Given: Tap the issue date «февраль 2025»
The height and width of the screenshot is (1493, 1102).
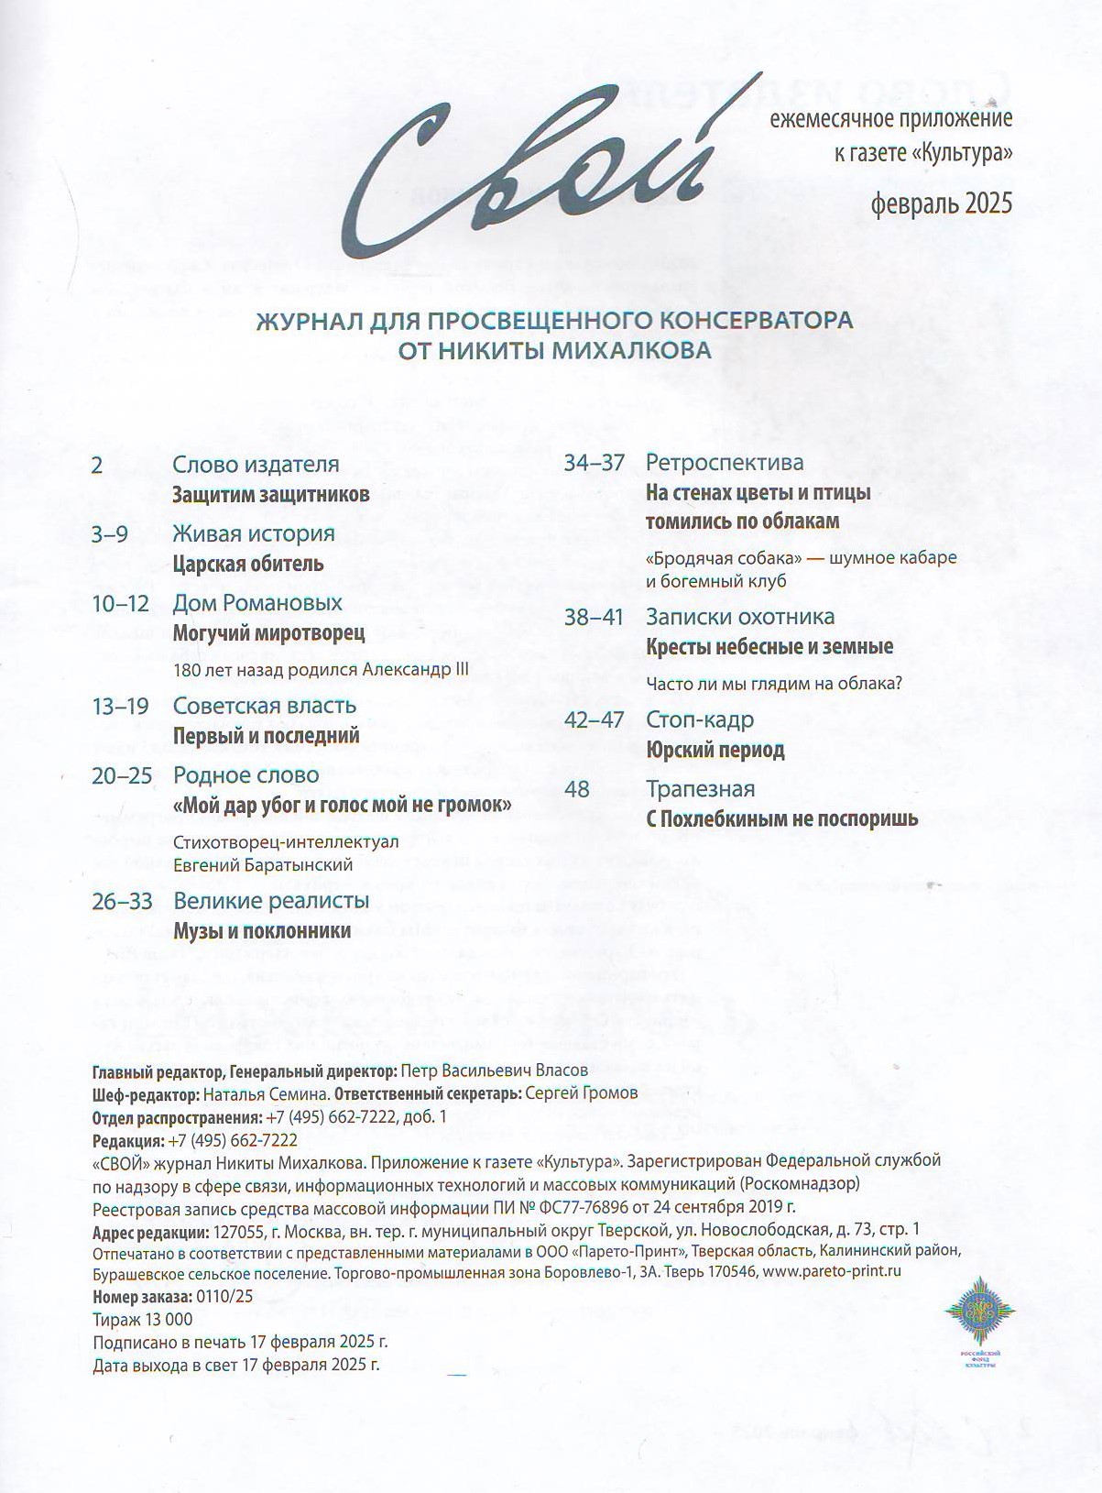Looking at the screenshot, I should [x=942, y=203].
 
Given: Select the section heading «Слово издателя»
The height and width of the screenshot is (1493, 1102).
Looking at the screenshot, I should [x=256, y=465].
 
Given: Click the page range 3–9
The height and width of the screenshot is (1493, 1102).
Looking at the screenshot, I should [x=110, y=534].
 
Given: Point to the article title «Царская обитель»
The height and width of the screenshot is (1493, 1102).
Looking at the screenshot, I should [x=248, y=564].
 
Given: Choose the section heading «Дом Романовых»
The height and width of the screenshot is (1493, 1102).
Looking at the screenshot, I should [x=257, y=603].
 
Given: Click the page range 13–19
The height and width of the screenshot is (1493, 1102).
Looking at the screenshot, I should [x=120, y=707].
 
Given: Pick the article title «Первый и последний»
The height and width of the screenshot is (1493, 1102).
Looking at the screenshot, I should [x=267, y=736].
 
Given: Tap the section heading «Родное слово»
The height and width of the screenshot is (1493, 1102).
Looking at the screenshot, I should [x=246, y=775].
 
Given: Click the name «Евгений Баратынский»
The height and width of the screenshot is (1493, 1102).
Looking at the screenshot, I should [x=263, y=865].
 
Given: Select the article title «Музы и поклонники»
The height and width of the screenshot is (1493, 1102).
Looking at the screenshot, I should [x=262, y=931].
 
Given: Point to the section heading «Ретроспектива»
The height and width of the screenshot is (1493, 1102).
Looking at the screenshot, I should [x=724, y=463].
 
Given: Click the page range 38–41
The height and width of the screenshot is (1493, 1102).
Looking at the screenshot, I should [x=593, y=618].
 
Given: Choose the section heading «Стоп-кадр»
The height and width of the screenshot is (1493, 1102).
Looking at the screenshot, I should [x=699, y=720].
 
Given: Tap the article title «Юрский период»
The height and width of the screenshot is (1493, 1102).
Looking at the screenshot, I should [x=715, y=751].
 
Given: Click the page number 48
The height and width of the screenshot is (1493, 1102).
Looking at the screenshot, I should [x=577, y=789].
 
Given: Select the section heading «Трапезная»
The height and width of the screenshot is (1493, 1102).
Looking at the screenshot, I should [x=700, y=789].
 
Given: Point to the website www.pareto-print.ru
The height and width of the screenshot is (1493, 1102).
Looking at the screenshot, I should [x=832, y=1272].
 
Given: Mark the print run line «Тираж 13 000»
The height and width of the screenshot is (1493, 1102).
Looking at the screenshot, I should [x=143, y=1320].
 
